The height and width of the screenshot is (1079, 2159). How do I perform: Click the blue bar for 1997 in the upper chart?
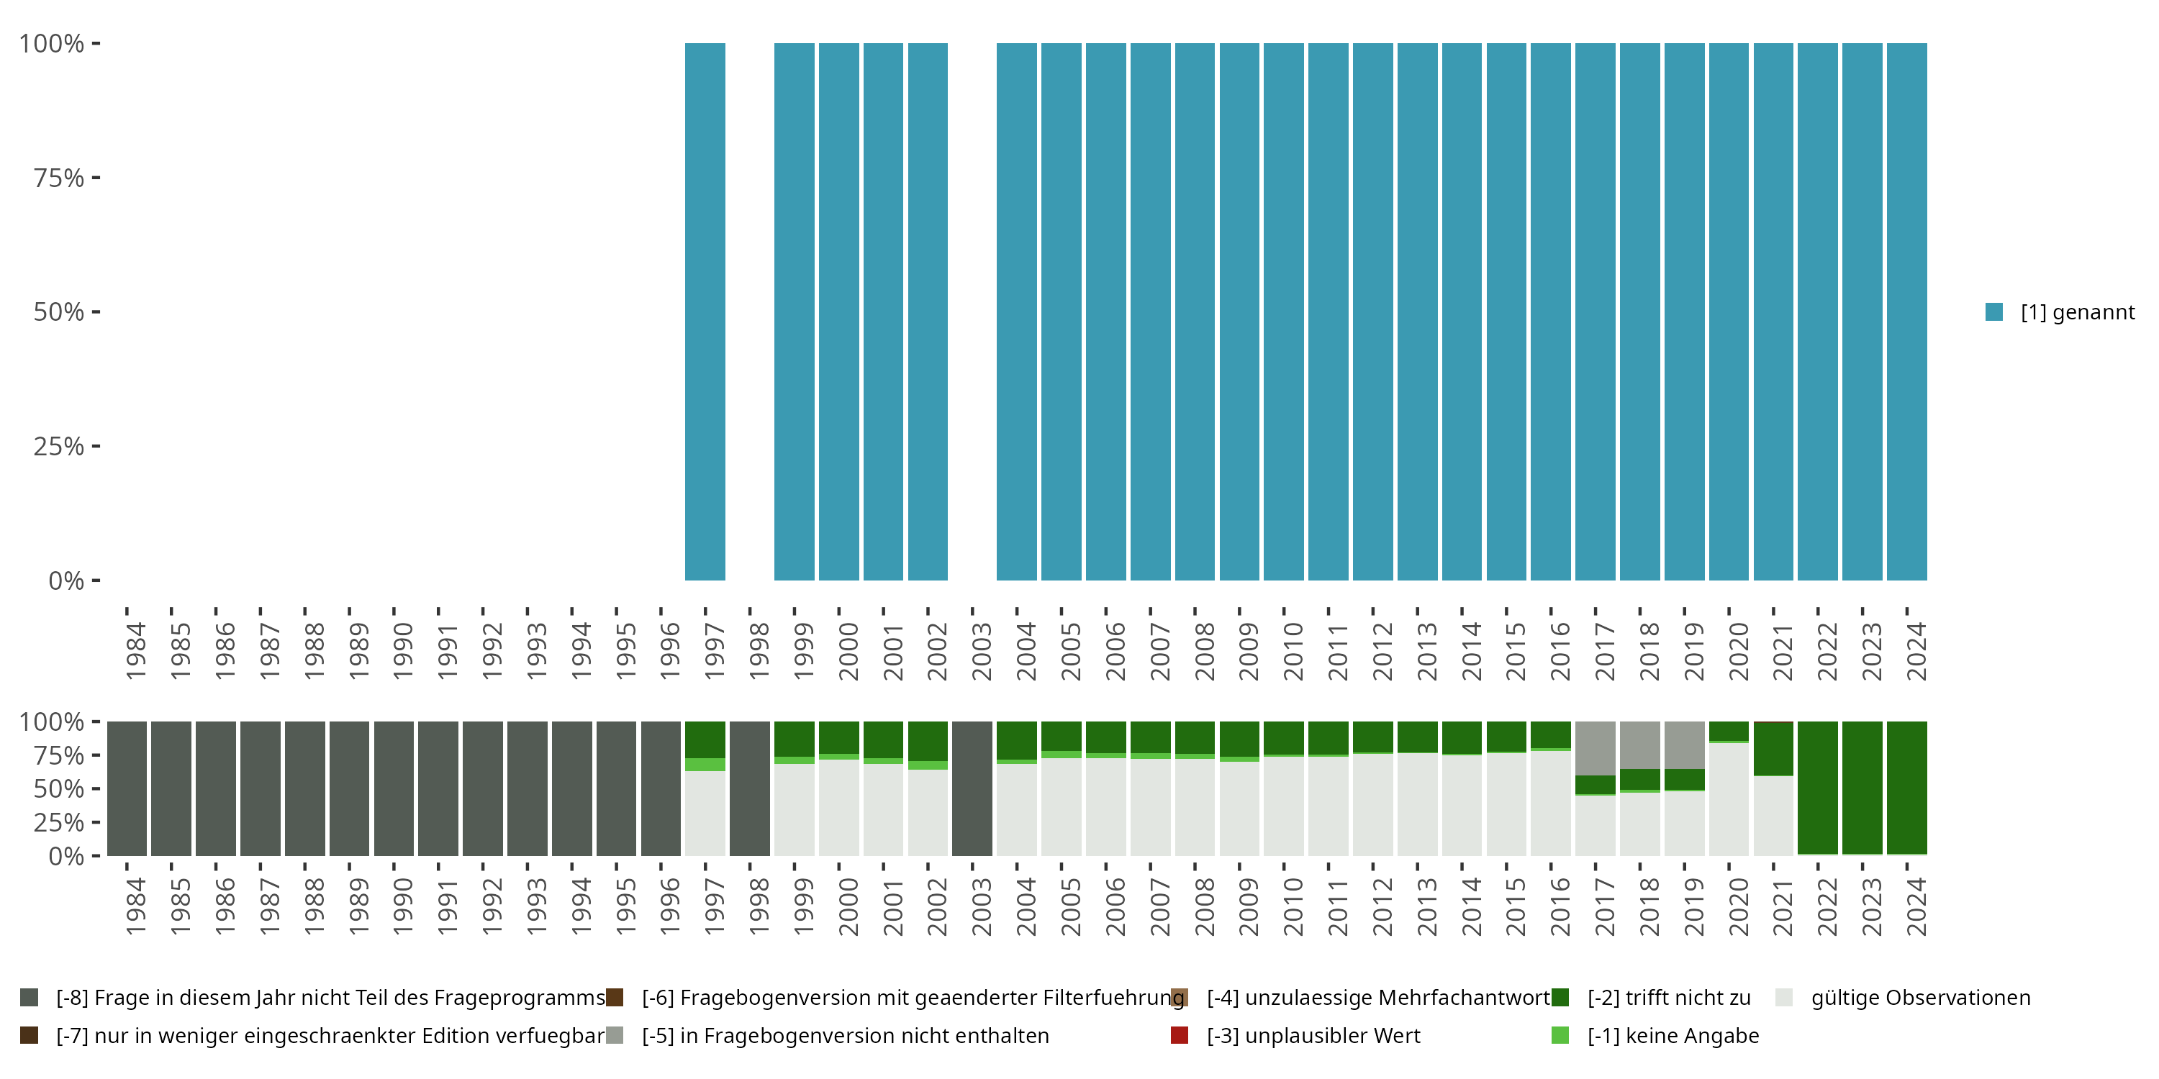(705, 311)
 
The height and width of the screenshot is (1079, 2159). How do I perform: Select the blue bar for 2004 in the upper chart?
(1017, 311)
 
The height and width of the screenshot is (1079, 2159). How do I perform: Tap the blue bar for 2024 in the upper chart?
(1906, 311)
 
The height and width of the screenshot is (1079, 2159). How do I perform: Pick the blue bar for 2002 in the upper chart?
(928, 311)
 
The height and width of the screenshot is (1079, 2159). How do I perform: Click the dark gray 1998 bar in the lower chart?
(749, 788)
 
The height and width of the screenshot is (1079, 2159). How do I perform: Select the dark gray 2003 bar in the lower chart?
(972, 788)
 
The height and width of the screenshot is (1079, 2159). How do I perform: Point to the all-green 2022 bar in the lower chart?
(1818, 788)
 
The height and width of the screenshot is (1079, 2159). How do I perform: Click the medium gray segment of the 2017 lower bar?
(1595, 747)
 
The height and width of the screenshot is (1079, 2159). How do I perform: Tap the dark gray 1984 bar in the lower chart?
(127, 788)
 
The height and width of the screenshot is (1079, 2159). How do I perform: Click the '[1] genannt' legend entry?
(2060, 312)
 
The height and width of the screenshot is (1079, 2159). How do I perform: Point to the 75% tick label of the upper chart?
(59, 178)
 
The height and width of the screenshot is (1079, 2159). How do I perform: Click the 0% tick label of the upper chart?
(66, 581)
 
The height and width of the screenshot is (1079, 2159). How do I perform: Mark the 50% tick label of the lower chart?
(59, 789)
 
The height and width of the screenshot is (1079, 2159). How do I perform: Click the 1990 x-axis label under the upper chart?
(402, 651)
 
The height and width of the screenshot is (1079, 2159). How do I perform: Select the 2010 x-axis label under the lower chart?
(1293, 906)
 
